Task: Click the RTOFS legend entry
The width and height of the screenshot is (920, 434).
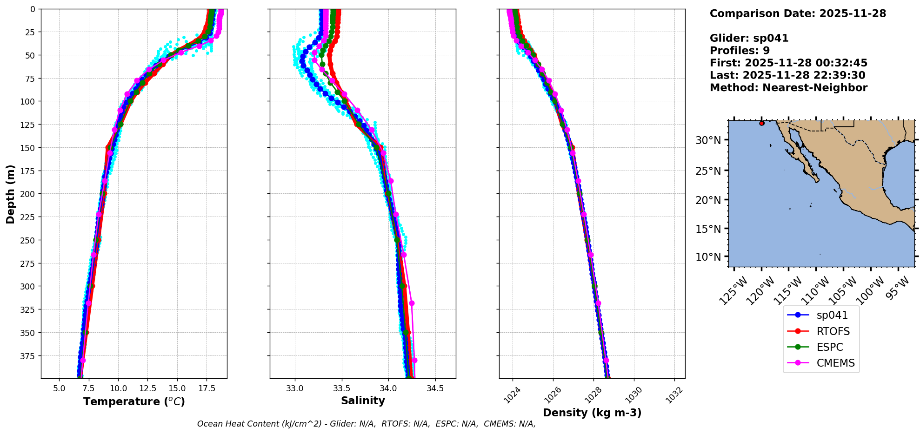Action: coord(833,331)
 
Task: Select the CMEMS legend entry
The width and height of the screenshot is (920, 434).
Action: coord(835,363)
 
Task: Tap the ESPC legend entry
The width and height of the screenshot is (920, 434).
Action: coord(829,347)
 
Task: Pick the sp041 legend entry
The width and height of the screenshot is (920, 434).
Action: coord(832,315)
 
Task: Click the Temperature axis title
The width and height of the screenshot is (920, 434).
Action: coord(134,401)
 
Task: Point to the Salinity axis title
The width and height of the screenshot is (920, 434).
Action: coord(363,401)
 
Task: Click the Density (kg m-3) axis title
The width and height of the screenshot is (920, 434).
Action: coord(592,413)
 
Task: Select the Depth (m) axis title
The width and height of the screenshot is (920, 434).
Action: coord(10,194)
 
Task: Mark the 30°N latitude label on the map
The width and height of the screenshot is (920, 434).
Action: coord(708,140)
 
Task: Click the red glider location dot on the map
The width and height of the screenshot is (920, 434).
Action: coord(761,123)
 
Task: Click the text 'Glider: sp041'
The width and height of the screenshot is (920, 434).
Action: coord(749,38)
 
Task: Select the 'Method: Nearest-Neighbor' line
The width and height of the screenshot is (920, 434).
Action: coord(788,88)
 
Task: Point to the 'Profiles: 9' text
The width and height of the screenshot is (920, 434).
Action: coord(740,51)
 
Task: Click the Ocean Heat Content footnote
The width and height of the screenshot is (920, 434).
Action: coord(366,424)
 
